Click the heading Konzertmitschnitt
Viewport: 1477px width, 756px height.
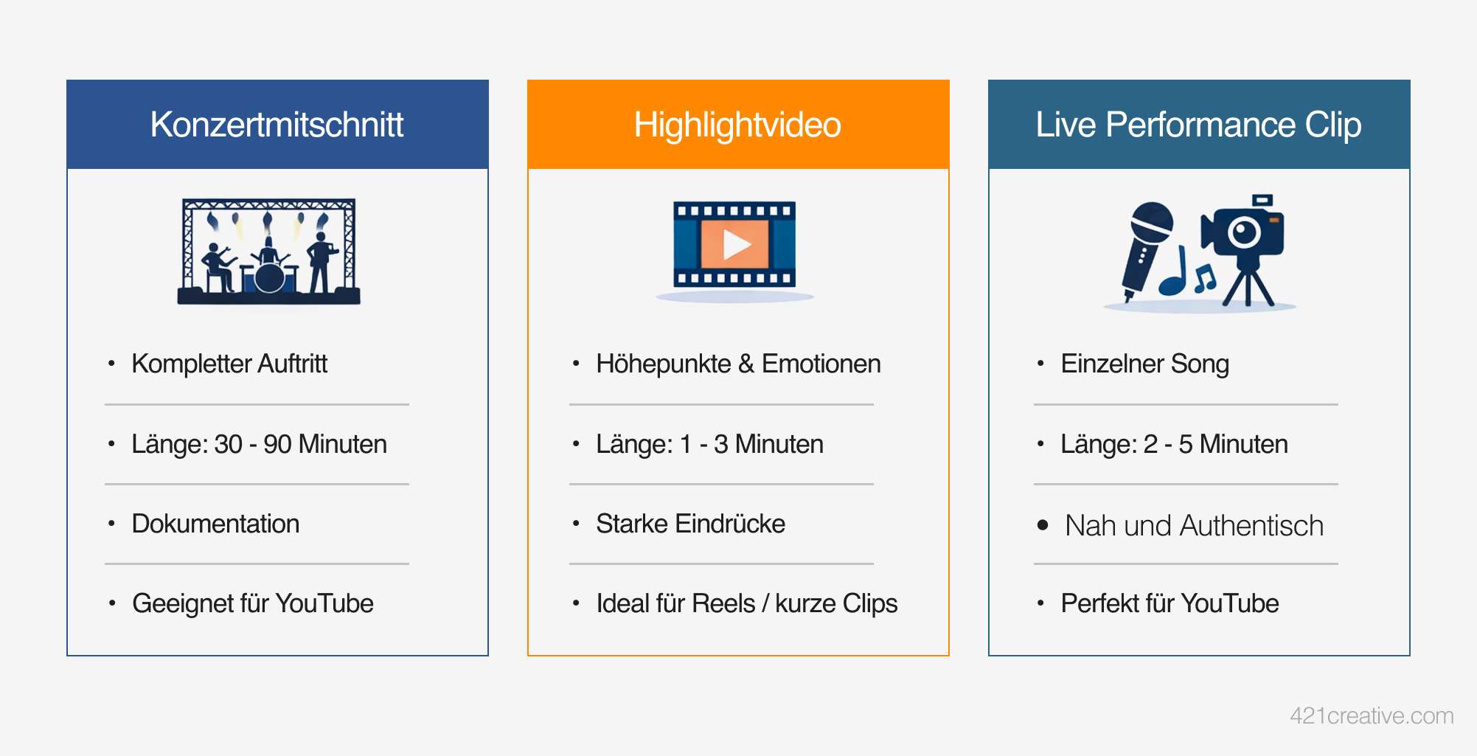(277, 125)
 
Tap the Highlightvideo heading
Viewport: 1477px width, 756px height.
(737, 125)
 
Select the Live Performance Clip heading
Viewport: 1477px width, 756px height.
(1198, 125)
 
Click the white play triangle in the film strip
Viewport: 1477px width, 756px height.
(736, 245)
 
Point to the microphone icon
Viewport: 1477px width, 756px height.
(1147, 251)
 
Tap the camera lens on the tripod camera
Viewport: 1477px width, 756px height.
(1245, 232)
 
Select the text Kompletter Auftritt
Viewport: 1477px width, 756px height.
(229, 364)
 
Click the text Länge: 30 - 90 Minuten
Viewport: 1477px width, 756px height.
(259, 444)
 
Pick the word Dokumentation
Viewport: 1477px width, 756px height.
(215, 524)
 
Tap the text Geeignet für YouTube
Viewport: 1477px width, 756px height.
(253, 603)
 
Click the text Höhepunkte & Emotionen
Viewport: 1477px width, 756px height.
(738, 364)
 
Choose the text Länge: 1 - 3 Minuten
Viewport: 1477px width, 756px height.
(709, 444)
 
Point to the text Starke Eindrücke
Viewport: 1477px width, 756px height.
(690, 524)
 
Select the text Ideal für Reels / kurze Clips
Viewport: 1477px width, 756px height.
(746, 603)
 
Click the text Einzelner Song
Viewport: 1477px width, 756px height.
(1144, 364)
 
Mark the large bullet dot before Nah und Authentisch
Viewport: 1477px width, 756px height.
(1043, 525)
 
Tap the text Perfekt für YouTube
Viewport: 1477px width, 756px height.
(1170, 603)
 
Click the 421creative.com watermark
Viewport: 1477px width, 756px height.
(1372, 715)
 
